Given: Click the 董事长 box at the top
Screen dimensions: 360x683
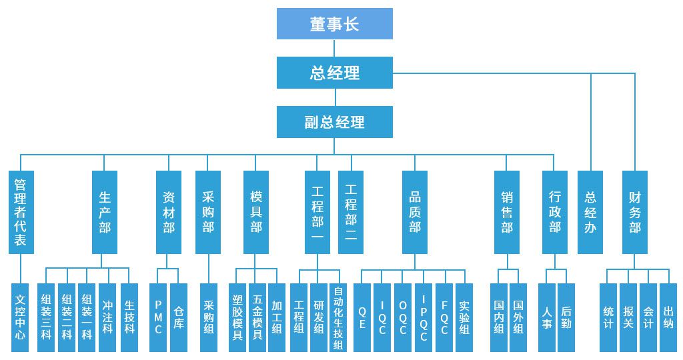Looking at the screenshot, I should (x=335, y=24).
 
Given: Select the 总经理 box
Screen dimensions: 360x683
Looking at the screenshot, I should (x=335, y=73).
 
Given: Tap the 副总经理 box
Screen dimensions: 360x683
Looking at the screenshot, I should (x=335, y=122).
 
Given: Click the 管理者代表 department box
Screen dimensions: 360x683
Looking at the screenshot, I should (x=21, y=212).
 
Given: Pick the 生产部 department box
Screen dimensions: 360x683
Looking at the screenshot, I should (x=105, y=212).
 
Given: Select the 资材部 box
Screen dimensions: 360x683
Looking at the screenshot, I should (x=169, y=212).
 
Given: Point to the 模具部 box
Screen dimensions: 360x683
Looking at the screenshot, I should (x=256, y=212).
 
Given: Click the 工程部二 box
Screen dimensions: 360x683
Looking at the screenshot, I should (x=351, y=212).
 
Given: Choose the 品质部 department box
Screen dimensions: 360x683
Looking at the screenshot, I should (x=415, y=212).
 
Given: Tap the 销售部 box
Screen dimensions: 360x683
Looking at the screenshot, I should (x=507, y=212).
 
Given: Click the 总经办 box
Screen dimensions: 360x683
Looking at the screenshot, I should (x=590, y=212).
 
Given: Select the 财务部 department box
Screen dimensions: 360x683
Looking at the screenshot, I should (x=634, y=212).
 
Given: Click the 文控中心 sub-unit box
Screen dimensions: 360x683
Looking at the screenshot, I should (x=21, y=317).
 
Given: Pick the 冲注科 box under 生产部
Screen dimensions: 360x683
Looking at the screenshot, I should (x=108, y=317).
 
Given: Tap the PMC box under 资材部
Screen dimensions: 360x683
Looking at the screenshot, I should (x=158, y=317).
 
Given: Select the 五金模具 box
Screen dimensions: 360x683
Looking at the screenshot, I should (x=257, y=317).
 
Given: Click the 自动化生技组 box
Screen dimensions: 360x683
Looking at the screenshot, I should (x=339, y=317).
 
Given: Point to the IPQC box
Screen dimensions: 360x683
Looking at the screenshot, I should (x=424, y=317).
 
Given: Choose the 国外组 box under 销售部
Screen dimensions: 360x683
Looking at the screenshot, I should (x=518, y=317).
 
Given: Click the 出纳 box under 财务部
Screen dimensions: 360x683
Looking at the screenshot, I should (x=668, y=317).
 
